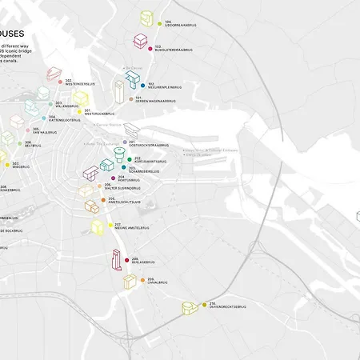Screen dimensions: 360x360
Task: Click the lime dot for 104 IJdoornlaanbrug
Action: pyautogui.click(x=158, y=23)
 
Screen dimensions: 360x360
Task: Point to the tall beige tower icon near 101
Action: pyautogui.click(x=118, y=90)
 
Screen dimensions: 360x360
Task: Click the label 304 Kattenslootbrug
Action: pyautogui.click(x=62, y=119)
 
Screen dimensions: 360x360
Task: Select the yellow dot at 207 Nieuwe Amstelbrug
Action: pyautogui.click(x=110, y=226)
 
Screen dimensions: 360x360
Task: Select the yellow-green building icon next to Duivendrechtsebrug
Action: pyautogui.click(x=189, y=308)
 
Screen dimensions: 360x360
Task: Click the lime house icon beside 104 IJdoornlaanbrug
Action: pyautogui.click(x=146, y=18)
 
